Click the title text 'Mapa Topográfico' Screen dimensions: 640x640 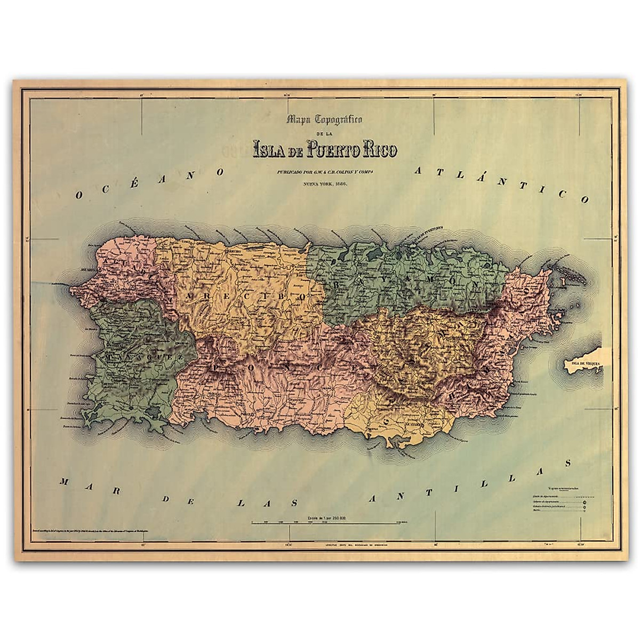tap(324, 120)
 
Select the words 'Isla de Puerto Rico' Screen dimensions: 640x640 tap(325, 149)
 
